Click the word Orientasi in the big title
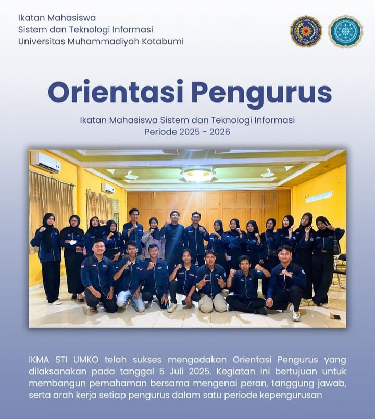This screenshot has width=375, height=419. click(x=115, y=92)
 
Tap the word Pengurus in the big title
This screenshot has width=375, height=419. click(x=261, y=94)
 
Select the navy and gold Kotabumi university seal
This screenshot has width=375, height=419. click(x=306, y=31)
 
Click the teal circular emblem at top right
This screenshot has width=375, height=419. click(x=346, y=31)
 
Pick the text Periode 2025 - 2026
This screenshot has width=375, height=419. click(x=187, y=132)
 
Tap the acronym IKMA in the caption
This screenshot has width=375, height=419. click(x=39, y=360)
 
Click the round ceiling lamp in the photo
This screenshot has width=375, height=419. click(x=198, y=175)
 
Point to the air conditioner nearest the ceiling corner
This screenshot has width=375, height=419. click(x=49, y=162)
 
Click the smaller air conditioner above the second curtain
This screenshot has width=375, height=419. click(x=108, y=188)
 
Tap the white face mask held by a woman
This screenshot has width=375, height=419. click(x=72, y=242)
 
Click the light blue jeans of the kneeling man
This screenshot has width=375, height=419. click(x=131, y=300)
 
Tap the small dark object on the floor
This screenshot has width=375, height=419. click(x=337, y=317)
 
